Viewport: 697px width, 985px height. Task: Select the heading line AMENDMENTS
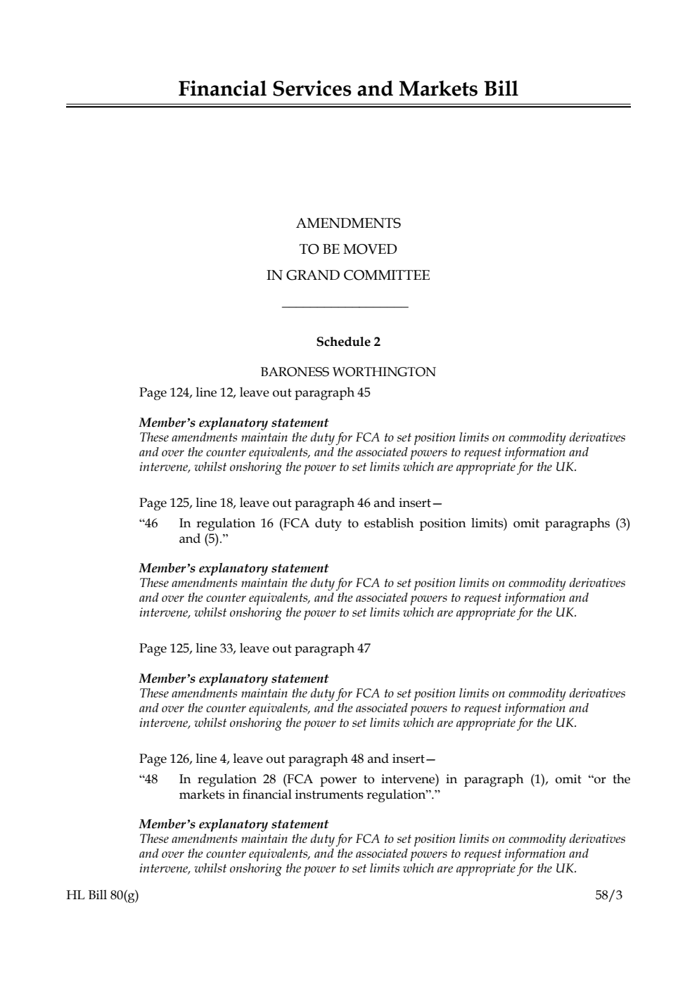348,224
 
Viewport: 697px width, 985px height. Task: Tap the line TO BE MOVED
348,250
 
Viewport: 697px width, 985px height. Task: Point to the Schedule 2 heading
348,342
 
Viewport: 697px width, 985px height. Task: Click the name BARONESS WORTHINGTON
348,372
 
